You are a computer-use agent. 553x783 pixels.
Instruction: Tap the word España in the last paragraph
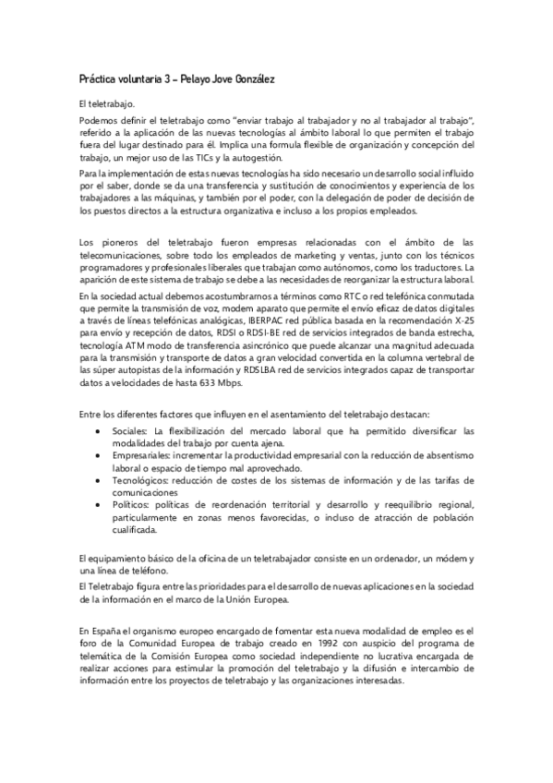(103, 630)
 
